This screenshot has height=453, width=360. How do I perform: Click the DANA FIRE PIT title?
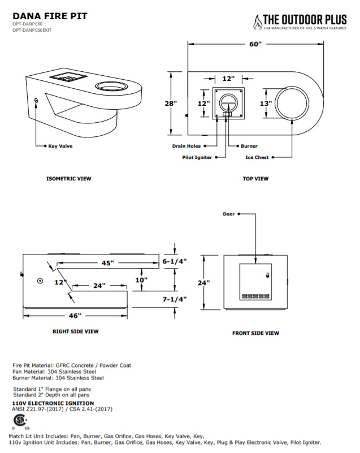[50, 16]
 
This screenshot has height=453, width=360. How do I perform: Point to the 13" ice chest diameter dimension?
[266, 103]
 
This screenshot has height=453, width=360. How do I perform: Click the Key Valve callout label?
[60, 146]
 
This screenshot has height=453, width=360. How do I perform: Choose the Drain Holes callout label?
[186, 146]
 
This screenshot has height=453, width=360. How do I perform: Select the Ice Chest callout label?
[257, 157]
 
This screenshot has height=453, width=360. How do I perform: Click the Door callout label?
[228, 214]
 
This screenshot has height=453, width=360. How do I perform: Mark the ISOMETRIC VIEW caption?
[68, 179]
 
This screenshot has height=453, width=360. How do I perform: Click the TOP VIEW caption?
[255, 179]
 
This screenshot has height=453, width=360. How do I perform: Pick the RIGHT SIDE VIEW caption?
[76, 331]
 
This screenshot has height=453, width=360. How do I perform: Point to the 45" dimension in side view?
[107, 263]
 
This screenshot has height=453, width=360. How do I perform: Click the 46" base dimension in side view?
[75, 315]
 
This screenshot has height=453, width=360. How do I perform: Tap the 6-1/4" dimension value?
[174, 262]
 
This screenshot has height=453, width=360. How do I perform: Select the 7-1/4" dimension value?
[174, 299]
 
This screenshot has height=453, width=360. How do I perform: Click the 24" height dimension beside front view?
[204, 282]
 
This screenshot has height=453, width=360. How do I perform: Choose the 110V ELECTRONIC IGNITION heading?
[53, 403]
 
